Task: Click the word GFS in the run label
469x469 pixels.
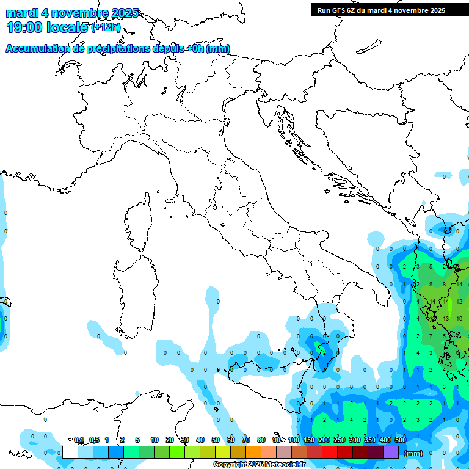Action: [341, 10]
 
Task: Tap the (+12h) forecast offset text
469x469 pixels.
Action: [106, 27]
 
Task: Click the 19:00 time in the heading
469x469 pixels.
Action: [24, 27]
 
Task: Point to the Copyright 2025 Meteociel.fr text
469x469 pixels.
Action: [258, 465]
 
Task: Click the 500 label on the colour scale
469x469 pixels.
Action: [401, 440]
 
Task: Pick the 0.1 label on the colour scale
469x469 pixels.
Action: [79, 440]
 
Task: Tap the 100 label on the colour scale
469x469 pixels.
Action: [294, 440]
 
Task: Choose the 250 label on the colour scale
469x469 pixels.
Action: [340, 440]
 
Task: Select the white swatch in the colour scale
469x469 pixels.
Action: [70, 452]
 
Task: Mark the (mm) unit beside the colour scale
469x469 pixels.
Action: [413, 453]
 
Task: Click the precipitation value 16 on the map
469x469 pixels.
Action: [459, 318]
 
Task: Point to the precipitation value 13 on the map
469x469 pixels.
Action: [446, 318]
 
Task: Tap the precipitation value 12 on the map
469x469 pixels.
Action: [459, 302]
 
